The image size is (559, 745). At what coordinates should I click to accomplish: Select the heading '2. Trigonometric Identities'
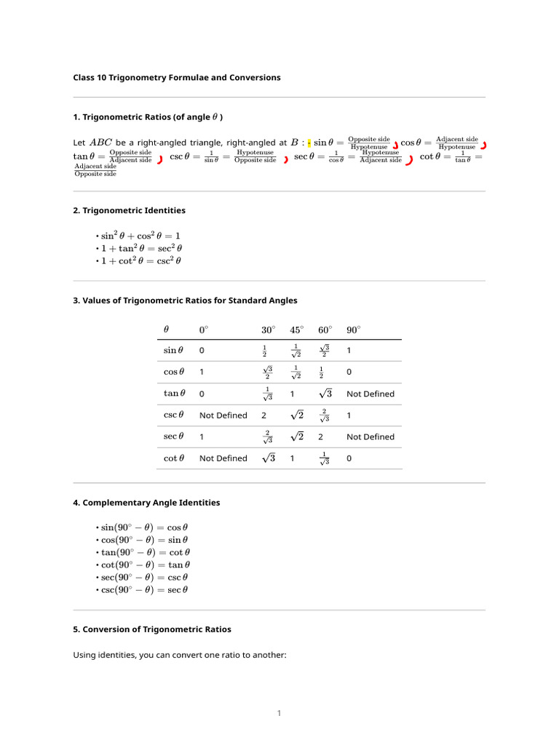pyautogui.click(x=129, y=210)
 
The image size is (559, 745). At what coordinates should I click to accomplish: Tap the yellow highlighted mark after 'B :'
pyautogui.click(x=309, y=143)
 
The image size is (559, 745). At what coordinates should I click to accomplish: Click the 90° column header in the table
pyautogui.click(x=353, y=330)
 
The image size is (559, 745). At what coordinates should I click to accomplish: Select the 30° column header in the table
pyautogui.click(x=268, y=330)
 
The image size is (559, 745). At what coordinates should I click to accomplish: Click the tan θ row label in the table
pyautogui.click(x=173, y=394)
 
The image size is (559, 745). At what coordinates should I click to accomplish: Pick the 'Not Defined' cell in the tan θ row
pyautogui.click(x=370, y=394)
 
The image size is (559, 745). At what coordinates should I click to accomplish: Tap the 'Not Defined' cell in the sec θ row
pyautogui.click(x=370, y=437)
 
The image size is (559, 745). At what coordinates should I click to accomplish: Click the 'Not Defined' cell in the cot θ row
pyautogui.click(x=223, y=458)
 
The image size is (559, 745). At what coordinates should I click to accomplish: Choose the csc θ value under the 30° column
pyautogui.click(x=264, y=415)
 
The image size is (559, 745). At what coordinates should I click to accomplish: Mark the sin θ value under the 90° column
pyautogui.click(x=349, y=351)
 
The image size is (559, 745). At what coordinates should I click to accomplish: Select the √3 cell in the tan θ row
pyautogui.click(x=325, y=394)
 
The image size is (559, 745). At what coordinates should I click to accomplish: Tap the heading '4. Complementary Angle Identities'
pyautogui.click(x=146, y=503)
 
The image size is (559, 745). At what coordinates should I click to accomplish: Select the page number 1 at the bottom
pyautogui.click(x=279, y=713)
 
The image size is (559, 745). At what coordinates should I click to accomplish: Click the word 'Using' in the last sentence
pyautogui.click(x=85, y=655)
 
